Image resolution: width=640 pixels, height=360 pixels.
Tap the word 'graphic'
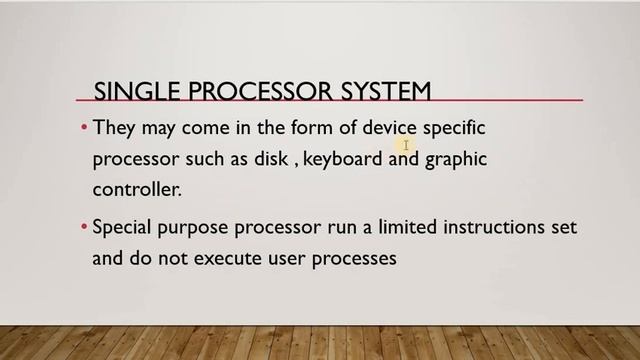[456, 160]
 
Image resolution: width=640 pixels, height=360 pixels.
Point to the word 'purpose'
[196, 229]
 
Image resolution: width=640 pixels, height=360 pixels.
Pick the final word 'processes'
[351, 259]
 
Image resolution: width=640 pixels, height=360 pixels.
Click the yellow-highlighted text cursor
[408, 146]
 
